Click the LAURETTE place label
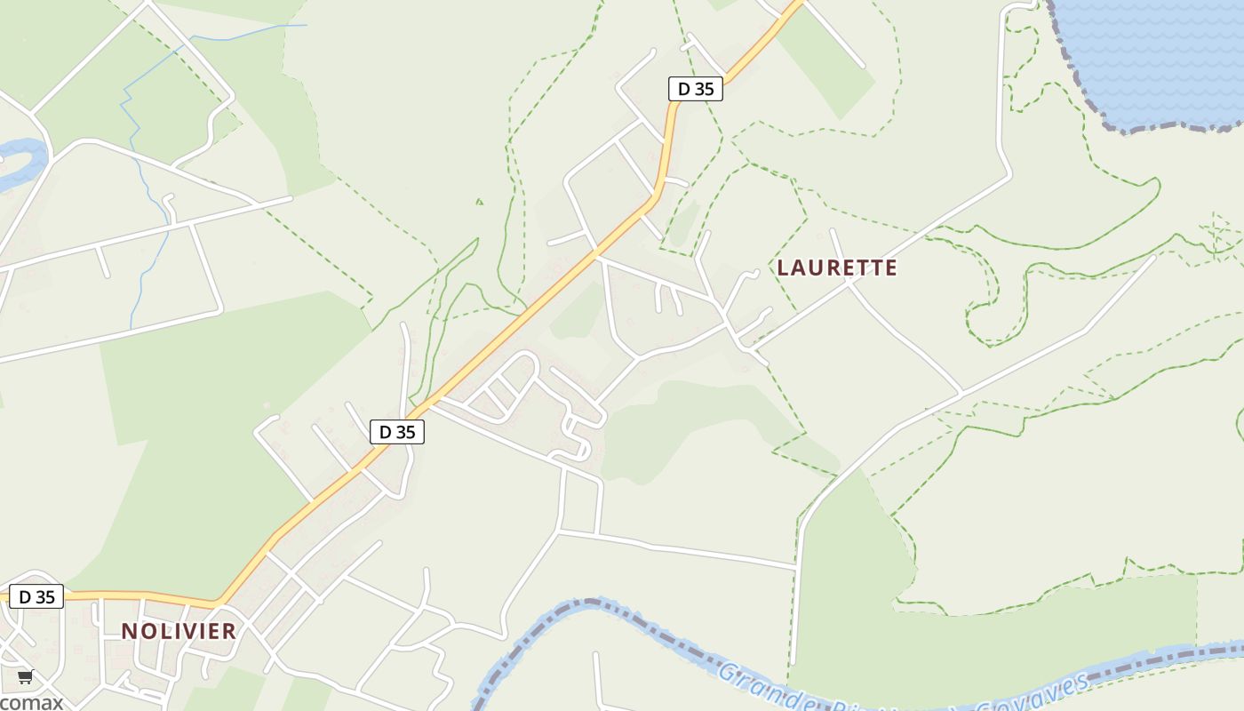coord(837,268)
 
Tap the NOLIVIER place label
coord(179,631)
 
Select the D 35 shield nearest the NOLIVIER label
coord(36,596)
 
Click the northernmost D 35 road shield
coord(695,89)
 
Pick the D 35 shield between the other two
coord(396,432)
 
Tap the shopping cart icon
coord(25,677)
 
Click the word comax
coord(31,702)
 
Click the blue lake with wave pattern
coord(1155,53)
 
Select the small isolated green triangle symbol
coord(480,202)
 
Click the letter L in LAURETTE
coord(783,268)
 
